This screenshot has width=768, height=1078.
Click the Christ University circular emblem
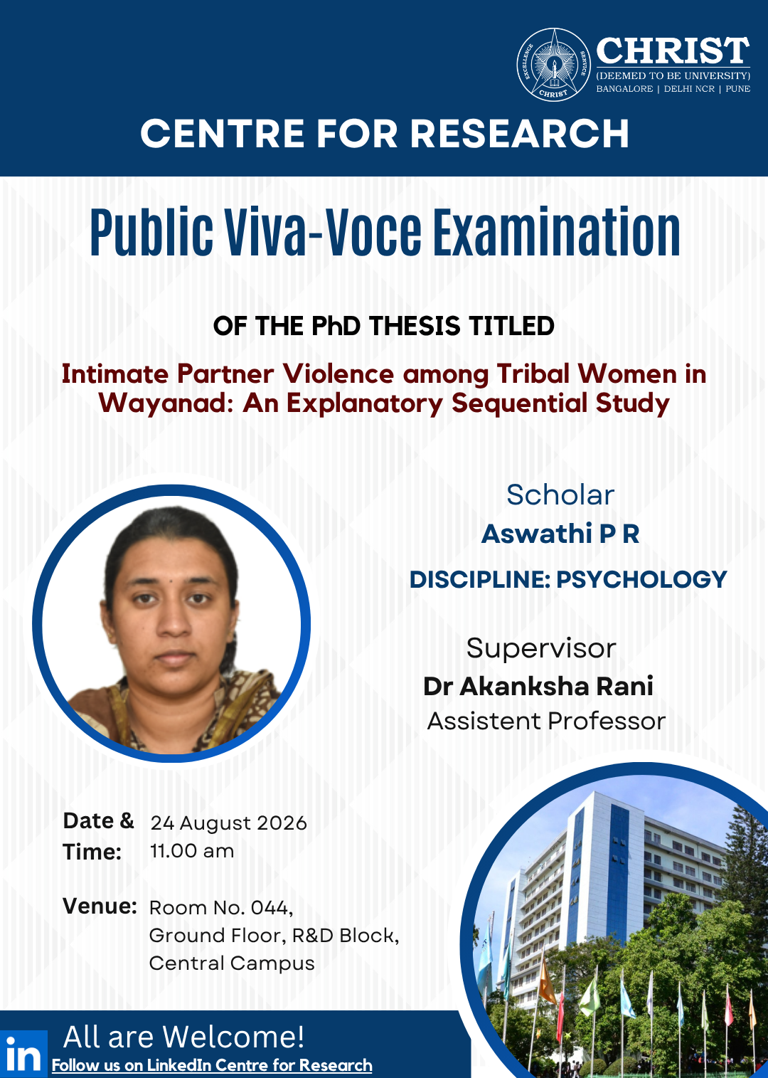[553, 65]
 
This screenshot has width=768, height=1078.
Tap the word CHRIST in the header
[673, 51]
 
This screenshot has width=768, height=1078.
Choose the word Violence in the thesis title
[338, 374]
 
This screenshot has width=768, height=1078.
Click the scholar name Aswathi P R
[560, 534]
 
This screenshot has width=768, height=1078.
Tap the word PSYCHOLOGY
[641, 579]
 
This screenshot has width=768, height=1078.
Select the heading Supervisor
[541, 649]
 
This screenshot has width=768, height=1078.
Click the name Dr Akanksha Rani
[538, 686]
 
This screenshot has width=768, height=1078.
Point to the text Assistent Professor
[546, 721]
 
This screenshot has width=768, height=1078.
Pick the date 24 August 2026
[228, 823]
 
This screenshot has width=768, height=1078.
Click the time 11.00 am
[192, 851]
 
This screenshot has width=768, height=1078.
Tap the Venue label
[100, 907]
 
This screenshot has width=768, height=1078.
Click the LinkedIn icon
[23, 1054]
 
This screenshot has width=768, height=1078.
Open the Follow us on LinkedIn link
[212, 1065]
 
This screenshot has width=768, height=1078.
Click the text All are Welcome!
[183, 1037]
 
